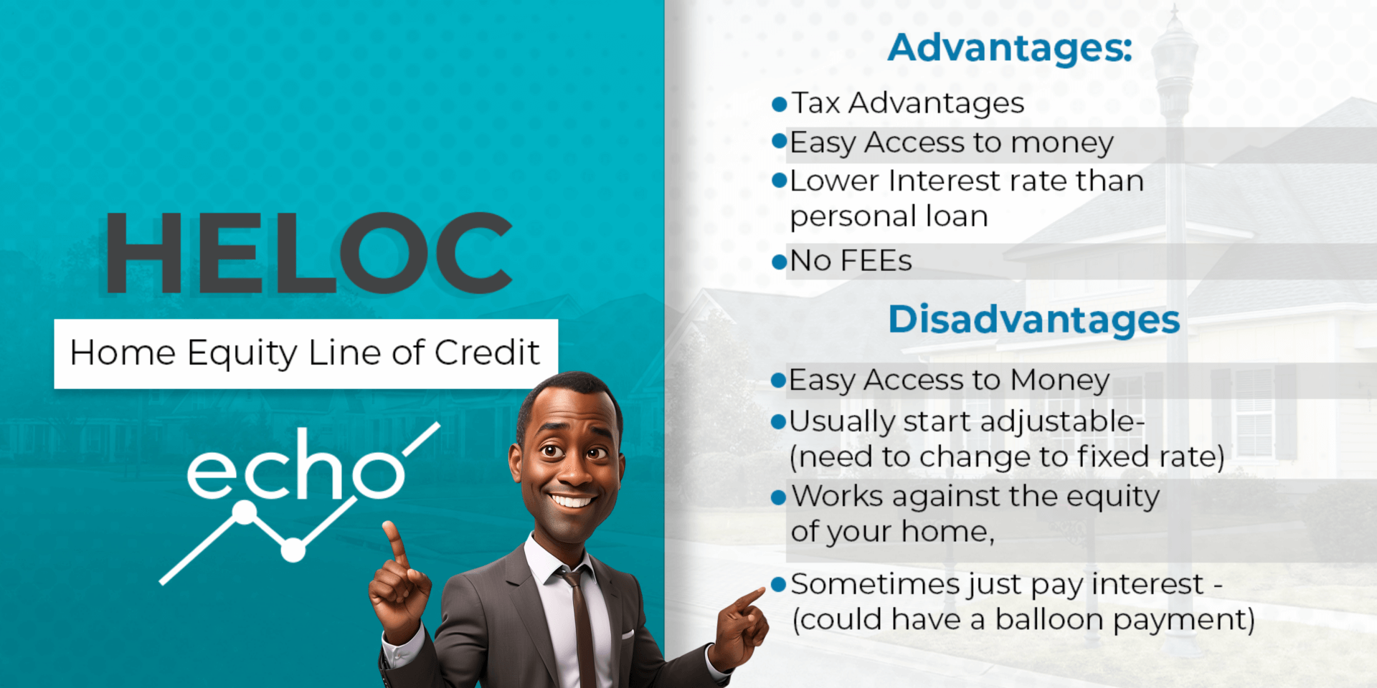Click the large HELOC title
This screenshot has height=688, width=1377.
309,252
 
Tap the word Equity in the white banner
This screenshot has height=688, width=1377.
242,353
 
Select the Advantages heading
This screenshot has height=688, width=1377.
1010,48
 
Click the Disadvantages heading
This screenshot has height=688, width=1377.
1034,320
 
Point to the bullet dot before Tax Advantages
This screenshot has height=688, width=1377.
780,105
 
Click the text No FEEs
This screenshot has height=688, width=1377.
851,261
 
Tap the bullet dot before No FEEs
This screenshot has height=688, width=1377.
780,262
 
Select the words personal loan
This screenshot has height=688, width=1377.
889,217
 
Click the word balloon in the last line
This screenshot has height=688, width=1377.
1049,619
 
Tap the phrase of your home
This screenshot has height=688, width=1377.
892,532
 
